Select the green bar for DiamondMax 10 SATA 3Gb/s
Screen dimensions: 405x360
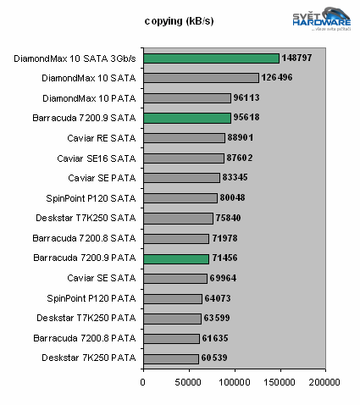211,58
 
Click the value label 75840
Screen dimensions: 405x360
232,218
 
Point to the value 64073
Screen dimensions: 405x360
221,298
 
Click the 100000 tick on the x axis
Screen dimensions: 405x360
235,381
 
